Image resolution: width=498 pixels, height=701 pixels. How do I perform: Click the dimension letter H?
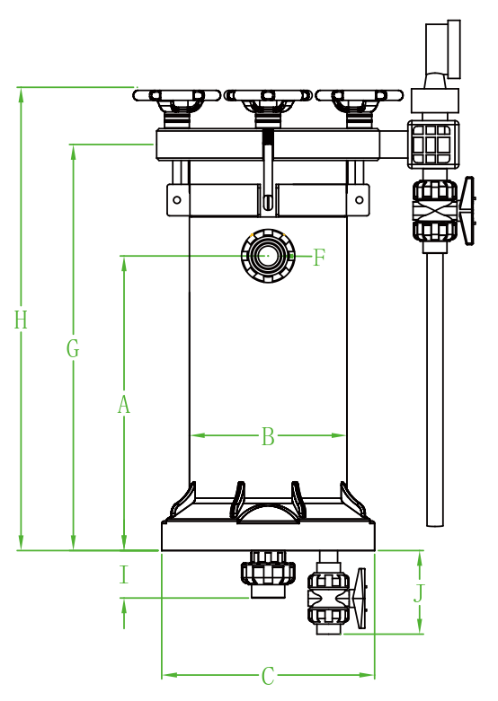[x=21, y=320]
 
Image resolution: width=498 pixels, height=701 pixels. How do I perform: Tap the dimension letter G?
[x=73, y=348]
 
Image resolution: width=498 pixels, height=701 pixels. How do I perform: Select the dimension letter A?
[x=124, y=404]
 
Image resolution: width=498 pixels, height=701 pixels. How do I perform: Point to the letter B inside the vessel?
[x=268, y=436]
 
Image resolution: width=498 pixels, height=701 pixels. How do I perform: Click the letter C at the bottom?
[x=268, y=676]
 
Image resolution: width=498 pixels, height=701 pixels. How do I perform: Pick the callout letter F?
[x=318, y=258]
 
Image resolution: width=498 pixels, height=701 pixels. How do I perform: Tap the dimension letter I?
[x=124, y=574]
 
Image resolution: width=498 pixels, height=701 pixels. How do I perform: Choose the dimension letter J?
[x=418, y=593]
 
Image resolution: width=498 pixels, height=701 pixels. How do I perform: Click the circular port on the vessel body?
[x=268, y=256]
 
